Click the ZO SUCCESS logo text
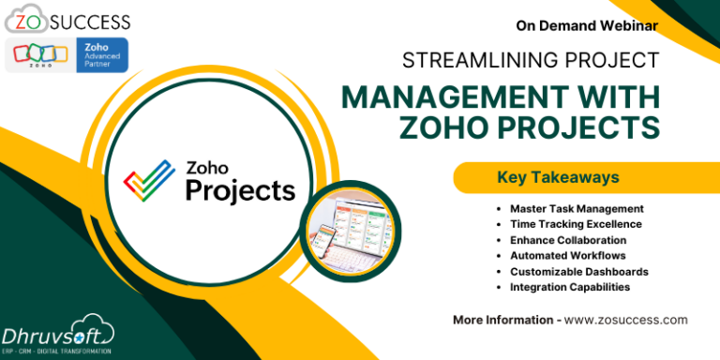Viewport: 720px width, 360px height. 67,20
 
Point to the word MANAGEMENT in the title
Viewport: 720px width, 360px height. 447,97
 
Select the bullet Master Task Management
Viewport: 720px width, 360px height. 576,208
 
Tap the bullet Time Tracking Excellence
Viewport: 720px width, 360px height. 576,224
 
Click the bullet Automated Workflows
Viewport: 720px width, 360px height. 567,255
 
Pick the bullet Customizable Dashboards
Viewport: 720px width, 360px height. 578,271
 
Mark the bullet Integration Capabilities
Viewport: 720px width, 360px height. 569,287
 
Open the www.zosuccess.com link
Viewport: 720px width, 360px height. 625,320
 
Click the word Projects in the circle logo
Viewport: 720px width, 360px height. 239,190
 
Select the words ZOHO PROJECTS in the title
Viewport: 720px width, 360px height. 530,126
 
